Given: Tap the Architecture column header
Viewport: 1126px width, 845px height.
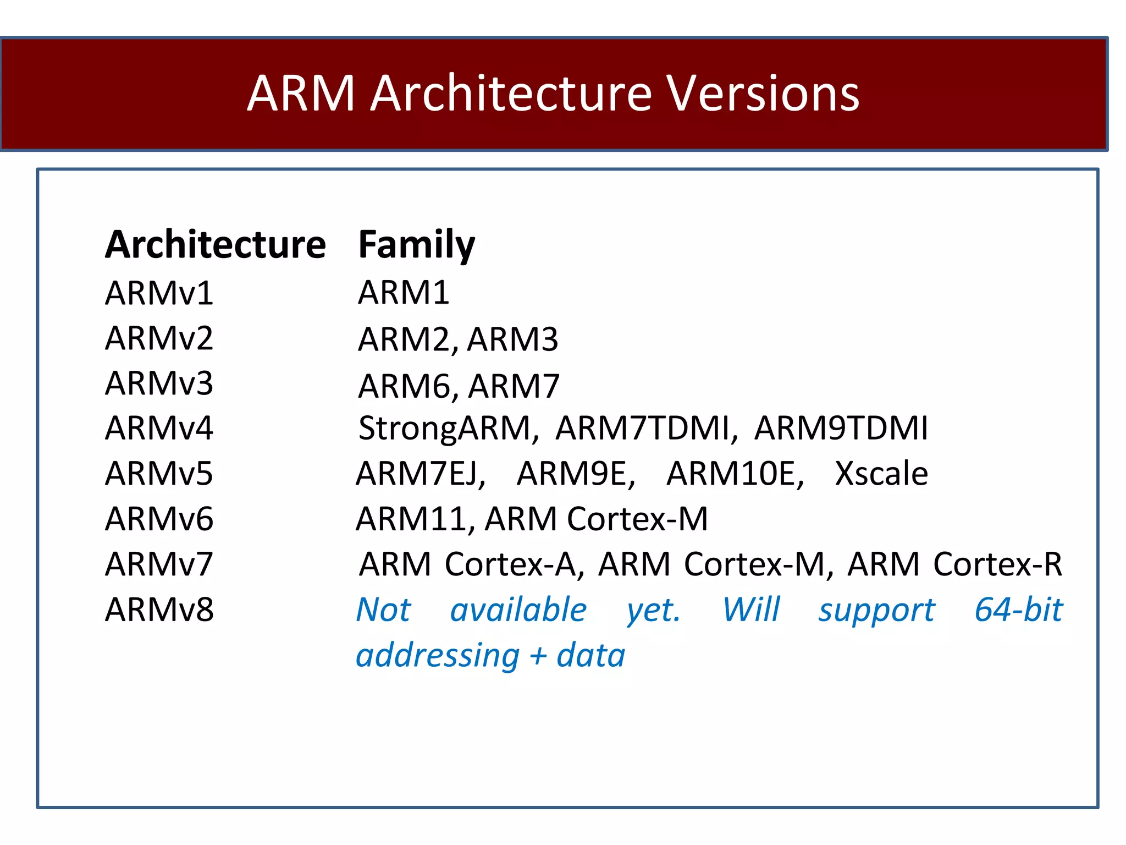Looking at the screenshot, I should pyautogui.click(x=216, y=244).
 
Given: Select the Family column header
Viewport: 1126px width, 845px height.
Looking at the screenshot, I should pyautogui.click(x=416, y=244).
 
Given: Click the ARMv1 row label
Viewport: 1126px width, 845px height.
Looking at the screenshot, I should pyautogui.click(x=159, y=293).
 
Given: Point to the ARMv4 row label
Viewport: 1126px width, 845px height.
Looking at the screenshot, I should pyautogui.click(x=159, y=428).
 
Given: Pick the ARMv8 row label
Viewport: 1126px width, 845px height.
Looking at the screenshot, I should pyautogui.click(x=159, y=610).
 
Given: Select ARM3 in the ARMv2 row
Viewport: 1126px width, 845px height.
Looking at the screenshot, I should pyautogui.click(x=513, y=339).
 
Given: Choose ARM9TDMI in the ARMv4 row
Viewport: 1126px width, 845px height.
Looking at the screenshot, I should pyautogui.click(x=841, y=428).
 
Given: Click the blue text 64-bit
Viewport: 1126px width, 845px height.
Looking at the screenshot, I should pyautogui.click(x=1018, y=610).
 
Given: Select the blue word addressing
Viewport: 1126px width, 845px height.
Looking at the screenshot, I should pyautogui.click(x=438, y=656).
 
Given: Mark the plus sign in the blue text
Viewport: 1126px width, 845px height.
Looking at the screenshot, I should pyautogui.click(x=538, y=656).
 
